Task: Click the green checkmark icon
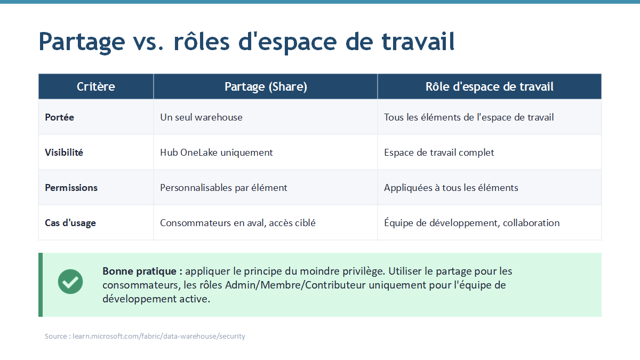click(x=70, y=282)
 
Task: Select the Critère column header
click(x=95, y=86)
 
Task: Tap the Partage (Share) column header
click(x=266, y=86)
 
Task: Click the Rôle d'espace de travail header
click(x=490, y=86)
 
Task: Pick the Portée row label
click(x=59, y=117)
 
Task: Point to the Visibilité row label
click(x=64, y=153)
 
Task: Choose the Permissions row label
click(x=71, y=188)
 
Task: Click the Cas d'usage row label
click(x=70, y=223)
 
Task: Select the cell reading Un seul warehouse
click(x=201, y=117)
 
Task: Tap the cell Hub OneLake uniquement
click(x=217, y=153)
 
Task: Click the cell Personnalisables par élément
click(x=223, y=188)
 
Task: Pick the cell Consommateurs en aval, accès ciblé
click(x=238, y=223)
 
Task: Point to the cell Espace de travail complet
click(x=439, y=153)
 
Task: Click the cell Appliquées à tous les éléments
click(x=451, y=188)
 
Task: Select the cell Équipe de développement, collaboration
click(x=471, y=222)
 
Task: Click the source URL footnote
click(x=145, y=337)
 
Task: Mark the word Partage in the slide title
click(x=82, y=42)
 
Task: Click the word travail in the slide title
click(x=418, y=42)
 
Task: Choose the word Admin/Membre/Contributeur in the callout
click(x=295, y=285)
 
